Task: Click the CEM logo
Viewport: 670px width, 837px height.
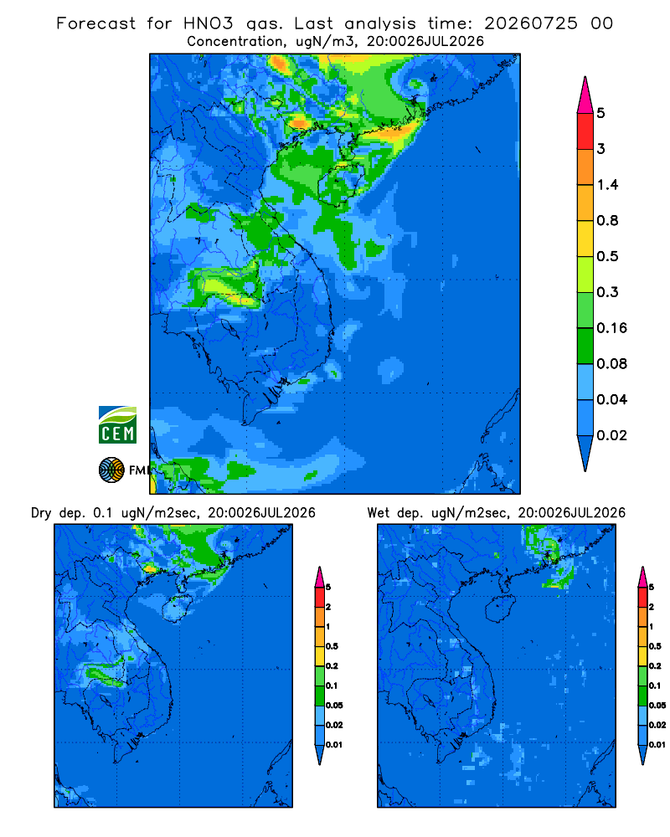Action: pyautogui.click(x=117, y=425)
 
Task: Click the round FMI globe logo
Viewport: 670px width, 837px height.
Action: pyautogui.click(x=111, y=470)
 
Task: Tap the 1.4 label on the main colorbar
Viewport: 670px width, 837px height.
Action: pyautogui.click(x=607, y=185)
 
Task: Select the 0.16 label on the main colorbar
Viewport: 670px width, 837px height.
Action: pyautogui.click(x=611, y=328)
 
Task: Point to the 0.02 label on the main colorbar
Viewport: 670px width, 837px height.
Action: pyautogui.click(x=611, y=435)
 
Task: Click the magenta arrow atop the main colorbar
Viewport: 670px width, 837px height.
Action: pyautogui.click(x=585, y=95)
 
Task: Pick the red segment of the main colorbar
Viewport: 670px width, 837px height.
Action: pyautogui.click(x=585, y=131)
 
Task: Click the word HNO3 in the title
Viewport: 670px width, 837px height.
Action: pyautogui.click(x=209, y=23)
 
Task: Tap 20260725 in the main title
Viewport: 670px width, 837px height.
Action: pyautogui.click(x=531, y=23)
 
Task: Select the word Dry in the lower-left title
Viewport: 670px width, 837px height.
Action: pyautogui.click(x=41, y=513)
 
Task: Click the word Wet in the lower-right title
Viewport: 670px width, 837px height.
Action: pyautogui.click(x=379, y=513)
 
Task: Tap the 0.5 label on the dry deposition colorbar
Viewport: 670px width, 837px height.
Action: pyautogui.click(x=332, y=646)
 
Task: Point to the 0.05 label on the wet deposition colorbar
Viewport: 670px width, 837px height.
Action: pyautogui.click(x=657, y=705)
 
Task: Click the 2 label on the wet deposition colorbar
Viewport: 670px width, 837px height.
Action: pyautogui.click(x=652, y=607)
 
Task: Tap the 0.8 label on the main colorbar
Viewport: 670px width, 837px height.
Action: pyautogui.click(x=607, y=220)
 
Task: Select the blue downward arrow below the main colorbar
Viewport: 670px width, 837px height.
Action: pyautogui.click(x=585, y=453)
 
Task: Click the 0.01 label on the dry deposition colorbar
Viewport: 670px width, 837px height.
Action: pyautogui.click(x=334, y=745)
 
